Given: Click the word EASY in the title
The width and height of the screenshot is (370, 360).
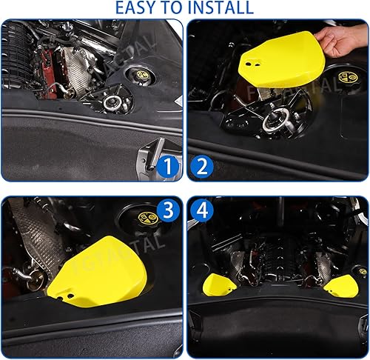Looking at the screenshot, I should pos(137,8).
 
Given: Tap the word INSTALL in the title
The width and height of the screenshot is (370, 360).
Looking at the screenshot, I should pos(219,8).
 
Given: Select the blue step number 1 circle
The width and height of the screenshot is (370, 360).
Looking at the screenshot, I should pos(167,168).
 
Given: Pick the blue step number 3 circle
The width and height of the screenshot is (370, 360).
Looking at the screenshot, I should pos(167,212).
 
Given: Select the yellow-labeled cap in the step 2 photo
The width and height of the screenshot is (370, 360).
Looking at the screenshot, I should pos(346,79).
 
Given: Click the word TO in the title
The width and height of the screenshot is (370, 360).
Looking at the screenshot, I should pos(176,8).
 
